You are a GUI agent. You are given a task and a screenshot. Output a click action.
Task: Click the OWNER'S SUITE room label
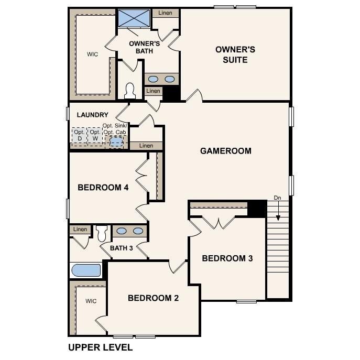pos(235,54)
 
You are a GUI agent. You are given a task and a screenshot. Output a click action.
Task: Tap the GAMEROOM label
pos(225,151)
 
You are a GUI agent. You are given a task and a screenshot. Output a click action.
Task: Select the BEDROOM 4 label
pos(103,188)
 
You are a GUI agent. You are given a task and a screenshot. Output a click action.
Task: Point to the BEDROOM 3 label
pos(227,258)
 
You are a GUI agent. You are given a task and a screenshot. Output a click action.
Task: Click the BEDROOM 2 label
pos(154,298)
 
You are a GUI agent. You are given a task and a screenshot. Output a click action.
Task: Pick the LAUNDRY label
pos(92,115)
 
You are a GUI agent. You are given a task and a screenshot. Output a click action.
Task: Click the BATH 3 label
pos(121,248)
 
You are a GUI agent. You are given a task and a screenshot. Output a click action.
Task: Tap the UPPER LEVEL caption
pos(100,347)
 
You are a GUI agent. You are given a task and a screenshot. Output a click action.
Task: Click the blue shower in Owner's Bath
pos(134,18)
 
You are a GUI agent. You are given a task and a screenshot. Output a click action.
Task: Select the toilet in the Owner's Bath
pos(130,91)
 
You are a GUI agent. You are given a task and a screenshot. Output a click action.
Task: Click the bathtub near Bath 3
pos(86,270)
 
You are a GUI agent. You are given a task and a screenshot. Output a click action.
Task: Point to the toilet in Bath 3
pos(102,232)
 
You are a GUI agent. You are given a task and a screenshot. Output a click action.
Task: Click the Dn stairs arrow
pos(278,212)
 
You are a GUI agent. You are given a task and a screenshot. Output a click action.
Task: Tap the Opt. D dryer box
pos(79,135)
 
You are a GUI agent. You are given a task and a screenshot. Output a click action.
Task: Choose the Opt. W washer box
pos(95,135)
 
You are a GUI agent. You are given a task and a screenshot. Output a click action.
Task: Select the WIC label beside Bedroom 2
pos(91,301)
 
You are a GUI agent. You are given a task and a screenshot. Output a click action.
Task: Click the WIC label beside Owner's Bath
pos(92,54)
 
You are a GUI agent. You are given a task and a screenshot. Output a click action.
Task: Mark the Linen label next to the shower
pos(165,13)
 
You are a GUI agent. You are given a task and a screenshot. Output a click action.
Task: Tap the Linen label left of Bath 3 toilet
pos(80,230)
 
